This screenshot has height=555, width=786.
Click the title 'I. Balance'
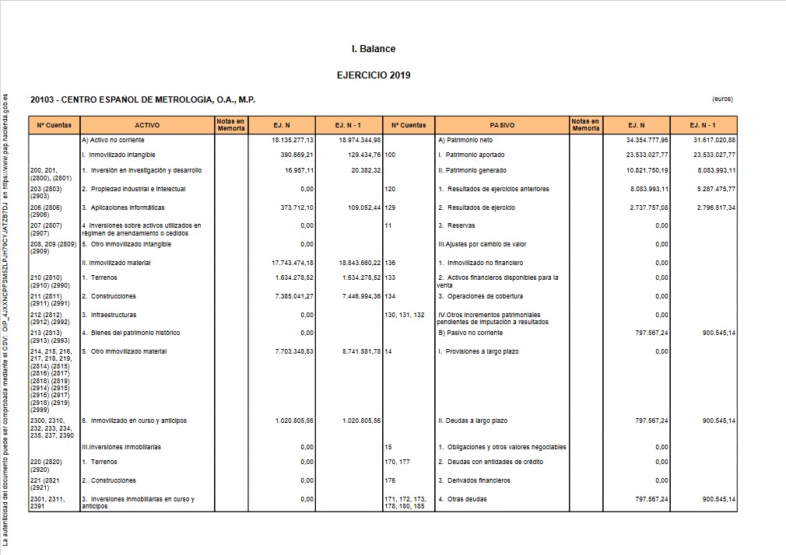pos(374,49)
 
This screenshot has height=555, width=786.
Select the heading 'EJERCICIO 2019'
pos(374,75)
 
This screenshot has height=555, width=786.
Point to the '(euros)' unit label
pos(722,99)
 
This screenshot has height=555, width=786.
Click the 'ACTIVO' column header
pos(147,124)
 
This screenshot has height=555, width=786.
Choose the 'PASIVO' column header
pos(502,124)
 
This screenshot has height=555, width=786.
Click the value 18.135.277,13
pos(293,140)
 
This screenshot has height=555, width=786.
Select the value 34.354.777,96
pos(647,140)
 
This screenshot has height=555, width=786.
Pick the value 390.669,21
pos(295,155)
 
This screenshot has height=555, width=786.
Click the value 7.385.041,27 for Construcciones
pos(294,296)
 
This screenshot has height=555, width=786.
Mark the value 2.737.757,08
pos(647,208)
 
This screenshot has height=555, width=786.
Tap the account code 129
pos(390,208)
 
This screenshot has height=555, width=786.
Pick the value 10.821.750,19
pos(647,170)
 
